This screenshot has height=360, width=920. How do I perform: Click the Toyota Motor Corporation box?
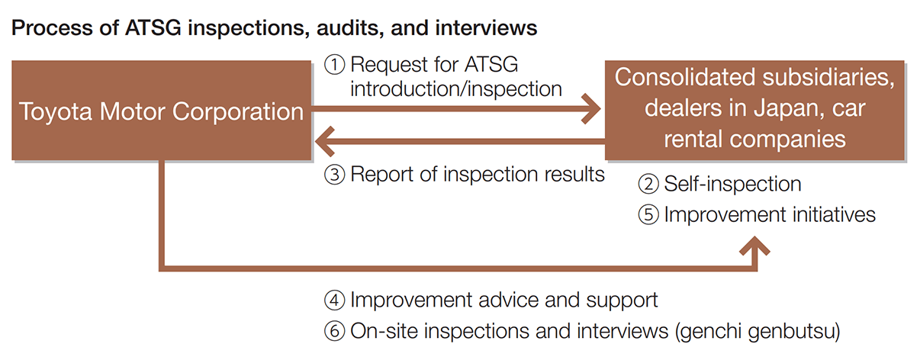pos(161,111)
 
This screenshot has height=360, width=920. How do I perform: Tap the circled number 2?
pos(648,184)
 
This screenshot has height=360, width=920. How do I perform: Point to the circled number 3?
pos(335,175)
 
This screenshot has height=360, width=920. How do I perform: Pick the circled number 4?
pos(335,300)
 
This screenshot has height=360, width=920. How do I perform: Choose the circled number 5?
pos(648,215)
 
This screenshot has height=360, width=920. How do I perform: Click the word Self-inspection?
pos(732,184)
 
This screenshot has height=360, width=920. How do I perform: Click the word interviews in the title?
pos(479,29)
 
